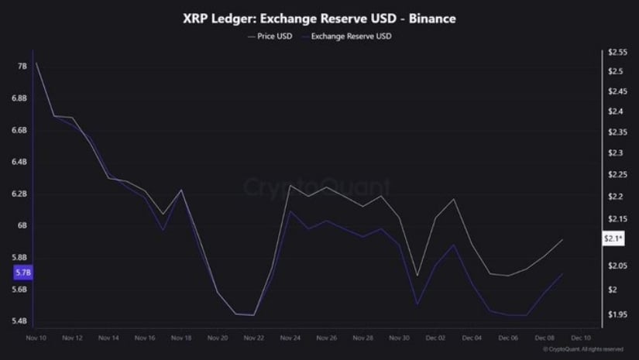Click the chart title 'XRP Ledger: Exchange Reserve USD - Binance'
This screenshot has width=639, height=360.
coord(318,17)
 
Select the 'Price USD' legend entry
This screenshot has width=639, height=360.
coord(269,36)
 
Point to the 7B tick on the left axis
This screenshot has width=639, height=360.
coord(22,67)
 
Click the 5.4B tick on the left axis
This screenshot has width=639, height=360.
coord(22,321)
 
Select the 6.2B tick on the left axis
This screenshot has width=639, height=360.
coord(22,194)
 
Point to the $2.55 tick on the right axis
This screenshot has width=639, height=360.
coord(617,53)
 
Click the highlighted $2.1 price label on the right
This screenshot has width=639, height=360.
coord(613,239)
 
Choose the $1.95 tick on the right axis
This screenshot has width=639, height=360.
coord(617,314)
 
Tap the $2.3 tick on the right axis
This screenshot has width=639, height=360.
coord(617,153)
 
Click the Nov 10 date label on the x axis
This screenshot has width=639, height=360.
coord(36,338)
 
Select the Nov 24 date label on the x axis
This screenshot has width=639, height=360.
coord(290,338)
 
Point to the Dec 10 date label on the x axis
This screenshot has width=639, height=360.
coord(581,338)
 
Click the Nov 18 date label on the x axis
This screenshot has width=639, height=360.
coord(180,338)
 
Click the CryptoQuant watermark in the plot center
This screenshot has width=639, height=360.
coord(318,188)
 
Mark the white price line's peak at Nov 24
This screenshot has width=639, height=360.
coord(290,185)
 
